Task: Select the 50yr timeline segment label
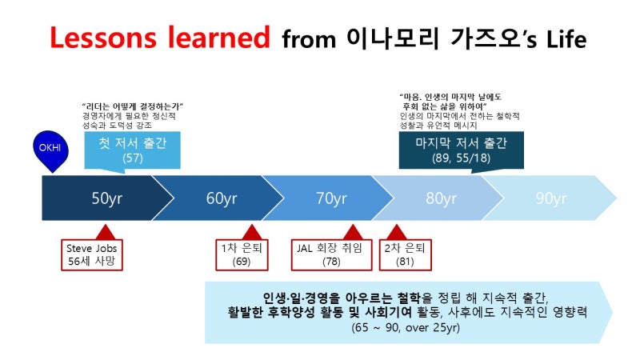(x=107, y=198)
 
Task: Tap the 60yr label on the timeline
(x=222, y=198)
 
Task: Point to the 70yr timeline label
(x=331, y=198)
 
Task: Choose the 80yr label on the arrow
(x=442, y=198)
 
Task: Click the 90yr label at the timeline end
(x=551, y=198)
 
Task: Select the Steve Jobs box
(x=92, y=254)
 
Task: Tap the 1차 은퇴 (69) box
(x=242, y=254)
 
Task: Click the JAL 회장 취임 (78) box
(x=331, y=254)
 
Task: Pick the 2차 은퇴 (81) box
(x=405, y=254)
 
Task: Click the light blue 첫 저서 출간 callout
(x=132, y=150)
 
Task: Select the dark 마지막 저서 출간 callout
(x=462, y=150)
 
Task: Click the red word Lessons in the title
(x=103, y=38)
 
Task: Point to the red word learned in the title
(x=218, y=38)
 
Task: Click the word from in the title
(x=309, y=40)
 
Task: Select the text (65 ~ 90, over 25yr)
(x=406, y=328)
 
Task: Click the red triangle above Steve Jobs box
(x=106, y=233)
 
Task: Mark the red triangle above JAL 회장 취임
(x=353, y=233)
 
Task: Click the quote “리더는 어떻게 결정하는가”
(x=133, y=106)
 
